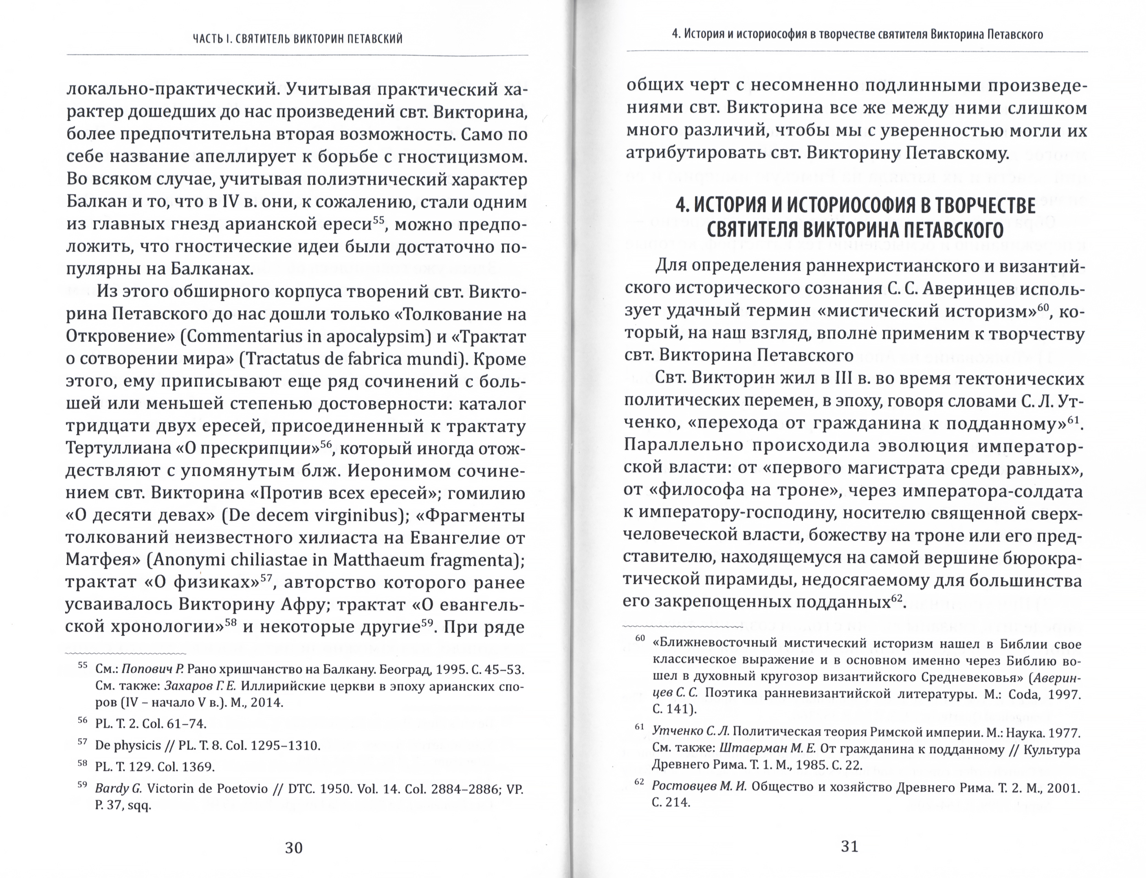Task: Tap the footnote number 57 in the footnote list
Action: (82, 742)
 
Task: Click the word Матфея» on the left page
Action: (103, 560)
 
